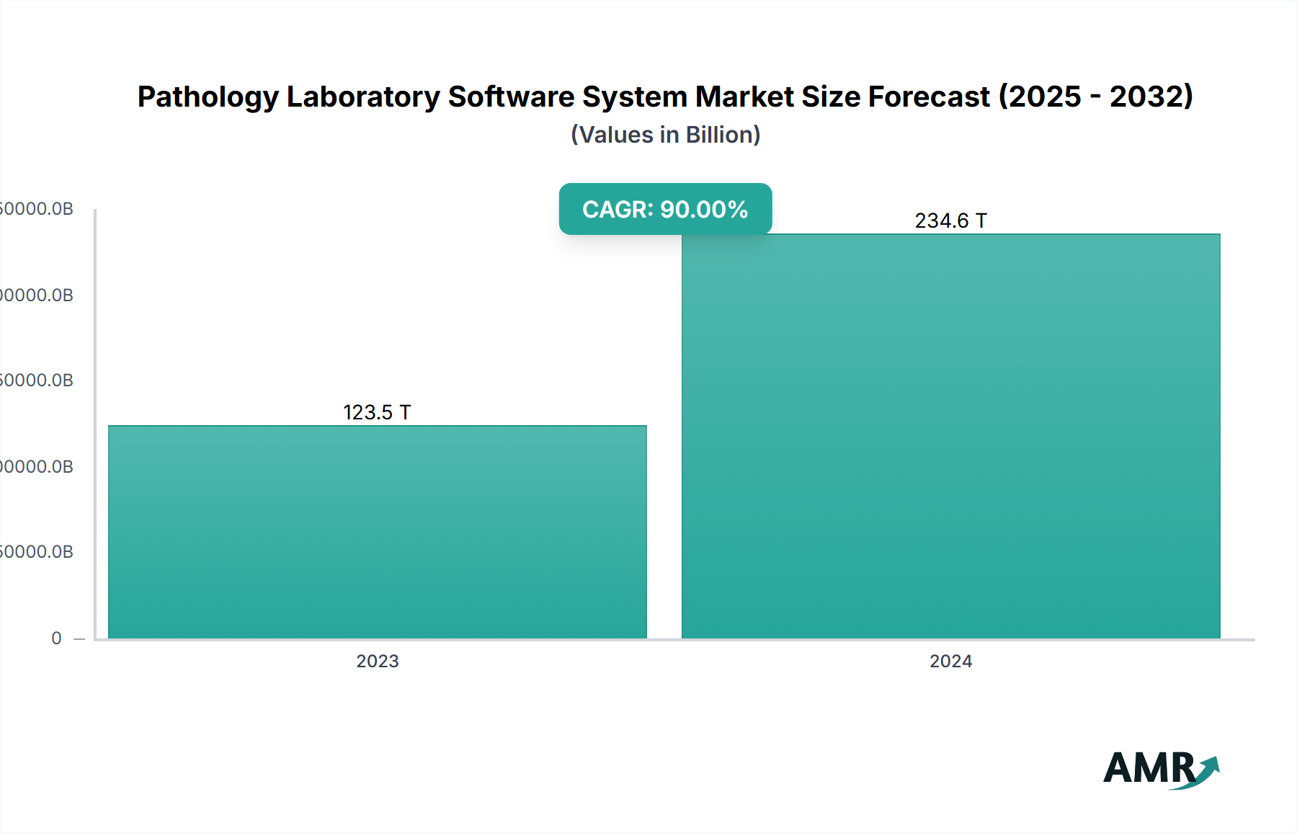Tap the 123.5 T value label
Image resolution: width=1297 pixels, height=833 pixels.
tap(377, 412)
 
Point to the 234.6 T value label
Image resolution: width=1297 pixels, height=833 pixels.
tap(950, 220)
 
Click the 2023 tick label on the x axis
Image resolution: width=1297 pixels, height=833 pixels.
tap(378, 661)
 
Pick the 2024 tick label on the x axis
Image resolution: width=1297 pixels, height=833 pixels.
tap(950, 661)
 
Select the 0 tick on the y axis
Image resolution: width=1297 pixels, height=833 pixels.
tap(56, 638)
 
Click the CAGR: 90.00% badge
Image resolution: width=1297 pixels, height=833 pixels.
tap(665, 209)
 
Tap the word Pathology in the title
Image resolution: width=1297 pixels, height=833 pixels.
tap(208, 97)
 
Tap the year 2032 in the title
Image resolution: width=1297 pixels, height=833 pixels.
tap(1146, 97)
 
